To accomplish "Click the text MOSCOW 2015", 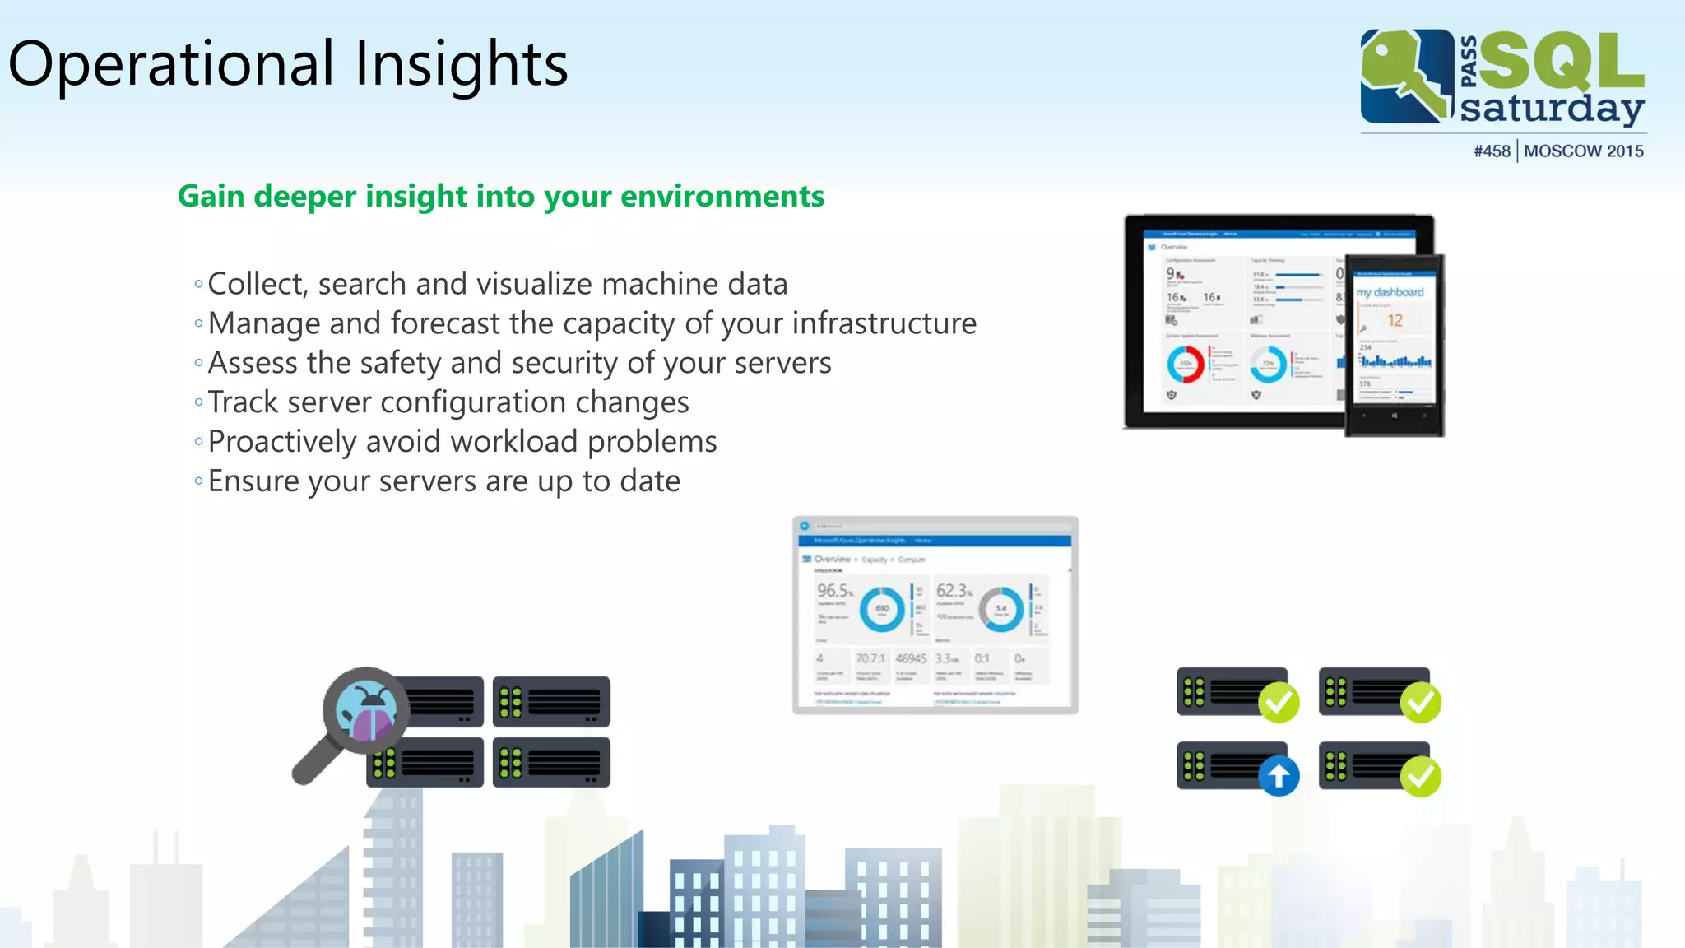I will pos(1583,151).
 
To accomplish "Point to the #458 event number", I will pos(1492,151).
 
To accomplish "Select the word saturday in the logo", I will pos(1551,109).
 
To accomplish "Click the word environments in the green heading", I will pos(722,197).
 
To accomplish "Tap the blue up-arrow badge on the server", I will pos(1279,775).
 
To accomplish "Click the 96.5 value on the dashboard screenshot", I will pos(833,591).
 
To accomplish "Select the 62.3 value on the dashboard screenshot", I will pos(953,591).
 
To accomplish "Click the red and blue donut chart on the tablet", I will pos(1186,364).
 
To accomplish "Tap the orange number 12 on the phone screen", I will pos(1395,321).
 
